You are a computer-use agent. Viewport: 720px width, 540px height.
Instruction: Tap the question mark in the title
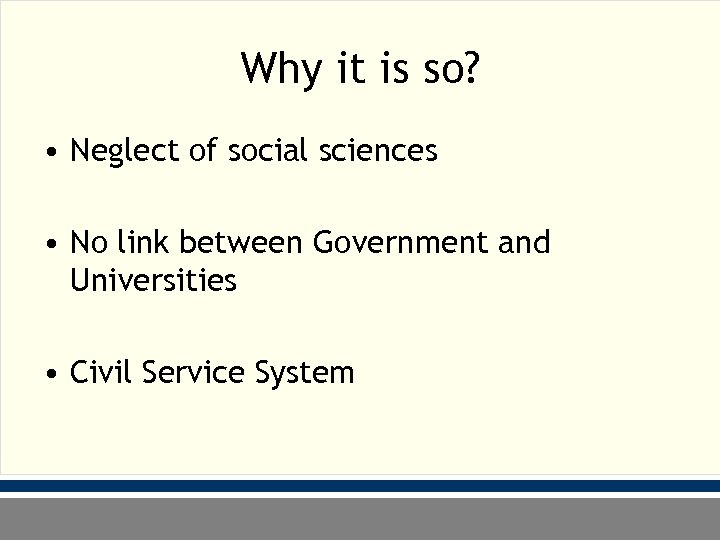[470, 68]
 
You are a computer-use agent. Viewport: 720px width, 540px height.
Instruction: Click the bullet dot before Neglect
[50, 153]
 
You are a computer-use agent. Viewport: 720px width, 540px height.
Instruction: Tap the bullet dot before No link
[50, 244]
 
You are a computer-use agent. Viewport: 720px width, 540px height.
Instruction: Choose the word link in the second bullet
[144, 242]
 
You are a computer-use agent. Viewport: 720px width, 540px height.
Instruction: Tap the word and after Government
[523, 242]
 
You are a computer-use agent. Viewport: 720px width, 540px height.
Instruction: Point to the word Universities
[153, 281]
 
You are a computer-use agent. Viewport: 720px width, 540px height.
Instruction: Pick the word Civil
[102, 373]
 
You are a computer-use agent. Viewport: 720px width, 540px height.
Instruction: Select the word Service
[195, 373]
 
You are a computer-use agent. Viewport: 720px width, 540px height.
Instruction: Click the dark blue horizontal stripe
[360, 485]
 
